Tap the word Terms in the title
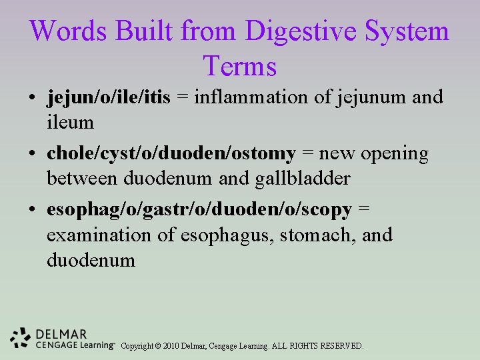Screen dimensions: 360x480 tap(240, 66)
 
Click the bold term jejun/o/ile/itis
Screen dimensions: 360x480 tap(109, 97)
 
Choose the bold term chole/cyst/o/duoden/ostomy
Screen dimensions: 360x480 tap(171, 153)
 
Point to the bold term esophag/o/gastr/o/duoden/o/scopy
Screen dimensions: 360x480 tap(199, 209)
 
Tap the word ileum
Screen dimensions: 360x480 tap(70, 123)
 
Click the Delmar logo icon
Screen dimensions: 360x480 tap(21, 339)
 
